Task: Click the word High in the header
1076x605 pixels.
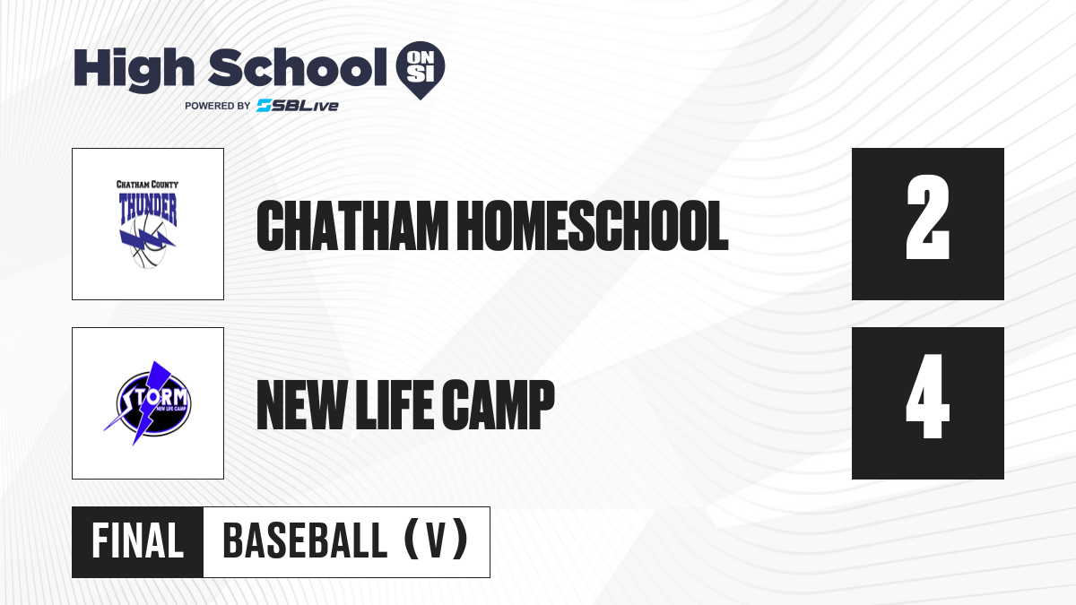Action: point(134,69)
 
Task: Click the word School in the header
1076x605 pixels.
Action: point(298,66)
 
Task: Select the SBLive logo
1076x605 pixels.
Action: point(298,106)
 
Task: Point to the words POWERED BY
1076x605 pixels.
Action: point(217,106)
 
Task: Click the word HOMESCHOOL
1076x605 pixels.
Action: point(593,226)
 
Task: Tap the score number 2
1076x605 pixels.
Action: point(927,217)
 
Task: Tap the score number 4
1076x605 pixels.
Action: point(927,396)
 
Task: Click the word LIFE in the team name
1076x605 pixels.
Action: point(394,405)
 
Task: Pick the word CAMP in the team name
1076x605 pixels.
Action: point(499,405)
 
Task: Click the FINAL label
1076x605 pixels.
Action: point(137,541)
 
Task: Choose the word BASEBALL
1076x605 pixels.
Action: point(305,541)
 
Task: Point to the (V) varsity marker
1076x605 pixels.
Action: point(436,540)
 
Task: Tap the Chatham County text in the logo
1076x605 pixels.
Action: point(147,185)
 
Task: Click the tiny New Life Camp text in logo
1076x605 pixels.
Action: point(171,409)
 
